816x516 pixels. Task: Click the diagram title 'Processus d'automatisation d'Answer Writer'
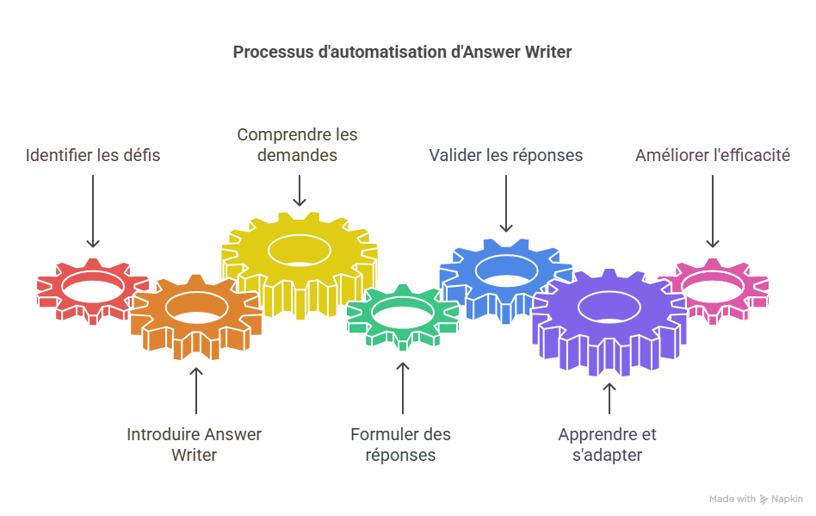pos(402,53)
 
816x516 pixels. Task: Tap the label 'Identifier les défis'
pos(93,156)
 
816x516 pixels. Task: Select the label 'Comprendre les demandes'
pos(298,145)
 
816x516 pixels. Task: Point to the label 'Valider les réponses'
pos(506,156)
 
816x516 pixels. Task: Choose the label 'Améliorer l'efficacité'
pos(713,156)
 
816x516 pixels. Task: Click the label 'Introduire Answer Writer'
pos(195,445)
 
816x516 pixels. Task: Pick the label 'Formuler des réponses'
pos(401,445)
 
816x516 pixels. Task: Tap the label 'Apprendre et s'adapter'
pos(608,445)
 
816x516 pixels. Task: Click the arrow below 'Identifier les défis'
pos(93,211)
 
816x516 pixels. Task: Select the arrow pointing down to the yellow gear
pos(299,190)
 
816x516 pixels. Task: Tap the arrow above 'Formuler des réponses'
pos(402,388)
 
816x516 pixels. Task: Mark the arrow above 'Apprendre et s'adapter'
pos(609,398)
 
